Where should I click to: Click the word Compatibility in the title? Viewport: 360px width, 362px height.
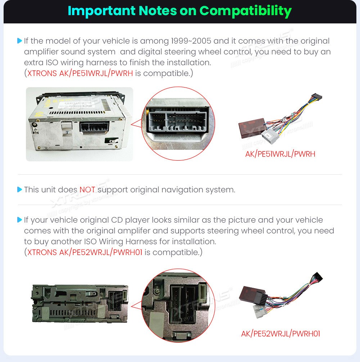[246, 11]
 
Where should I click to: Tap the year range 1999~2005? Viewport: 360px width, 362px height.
[191, 41]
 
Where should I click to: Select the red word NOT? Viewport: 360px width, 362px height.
[87, 190]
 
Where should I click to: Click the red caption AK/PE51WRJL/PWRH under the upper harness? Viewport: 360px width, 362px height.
[280, 154]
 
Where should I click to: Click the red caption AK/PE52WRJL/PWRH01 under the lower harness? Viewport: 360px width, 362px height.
[280, 334]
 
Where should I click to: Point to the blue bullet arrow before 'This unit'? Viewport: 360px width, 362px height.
[19, 189]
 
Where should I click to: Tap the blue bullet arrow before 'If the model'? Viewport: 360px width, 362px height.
[19, 41]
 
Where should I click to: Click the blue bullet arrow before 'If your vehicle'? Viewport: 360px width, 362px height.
[19, 220]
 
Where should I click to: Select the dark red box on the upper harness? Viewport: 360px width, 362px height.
[252, 128]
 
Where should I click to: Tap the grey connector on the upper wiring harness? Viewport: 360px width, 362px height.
[270, 136]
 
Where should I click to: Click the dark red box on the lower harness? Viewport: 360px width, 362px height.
[253, 295]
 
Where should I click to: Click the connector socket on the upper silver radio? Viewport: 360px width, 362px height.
[94, 127]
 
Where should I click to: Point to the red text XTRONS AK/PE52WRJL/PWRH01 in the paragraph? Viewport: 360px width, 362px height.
[85, 252]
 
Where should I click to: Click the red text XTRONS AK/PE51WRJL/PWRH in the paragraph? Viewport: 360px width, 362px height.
[80, 73]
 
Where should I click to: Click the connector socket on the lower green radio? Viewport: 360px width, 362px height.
[115, 301]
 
